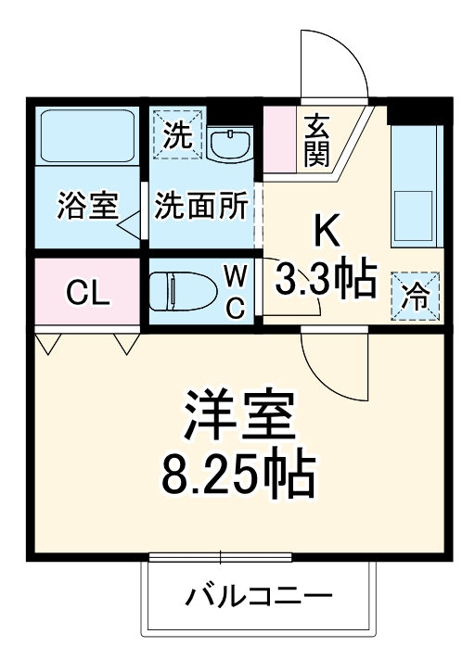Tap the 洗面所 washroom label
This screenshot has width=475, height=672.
coord(202,206)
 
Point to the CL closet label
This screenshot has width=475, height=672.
coord(88,295)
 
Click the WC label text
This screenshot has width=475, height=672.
coord(236,291)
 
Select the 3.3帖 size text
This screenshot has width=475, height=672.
coord(325,277)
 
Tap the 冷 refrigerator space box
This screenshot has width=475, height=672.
coord(416,296)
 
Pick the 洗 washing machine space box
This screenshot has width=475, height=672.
coord(175,135)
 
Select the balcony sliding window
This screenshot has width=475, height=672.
coord(220,557)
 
